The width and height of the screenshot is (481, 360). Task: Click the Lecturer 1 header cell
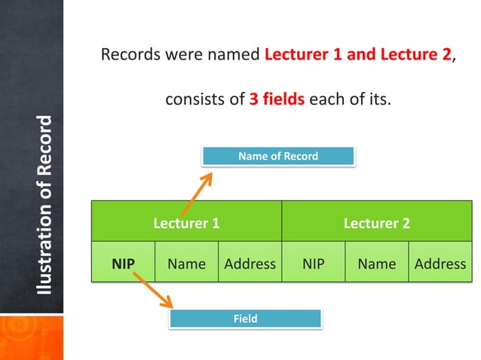[x=186, y=223]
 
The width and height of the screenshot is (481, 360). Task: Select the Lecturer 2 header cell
[x=376, y=223]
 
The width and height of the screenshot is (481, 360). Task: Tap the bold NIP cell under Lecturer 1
[x=123, y=264]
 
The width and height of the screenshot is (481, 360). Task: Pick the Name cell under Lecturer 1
[x=186, y=264]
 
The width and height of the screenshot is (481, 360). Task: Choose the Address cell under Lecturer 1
[x=250, y=264]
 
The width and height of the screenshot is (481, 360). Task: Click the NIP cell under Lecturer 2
[x=313, y=264]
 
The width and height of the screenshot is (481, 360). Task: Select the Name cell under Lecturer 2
[x=376, y=264]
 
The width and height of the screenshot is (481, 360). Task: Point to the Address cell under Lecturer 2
[x=440, y=264]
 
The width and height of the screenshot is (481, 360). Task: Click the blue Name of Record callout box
[x=277, y=156]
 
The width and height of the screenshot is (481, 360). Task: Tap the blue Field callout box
[x=245, y=319]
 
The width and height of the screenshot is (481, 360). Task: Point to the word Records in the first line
[x=129, y=56]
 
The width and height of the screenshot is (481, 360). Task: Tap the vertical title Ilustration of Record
[x=47, y=205]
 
